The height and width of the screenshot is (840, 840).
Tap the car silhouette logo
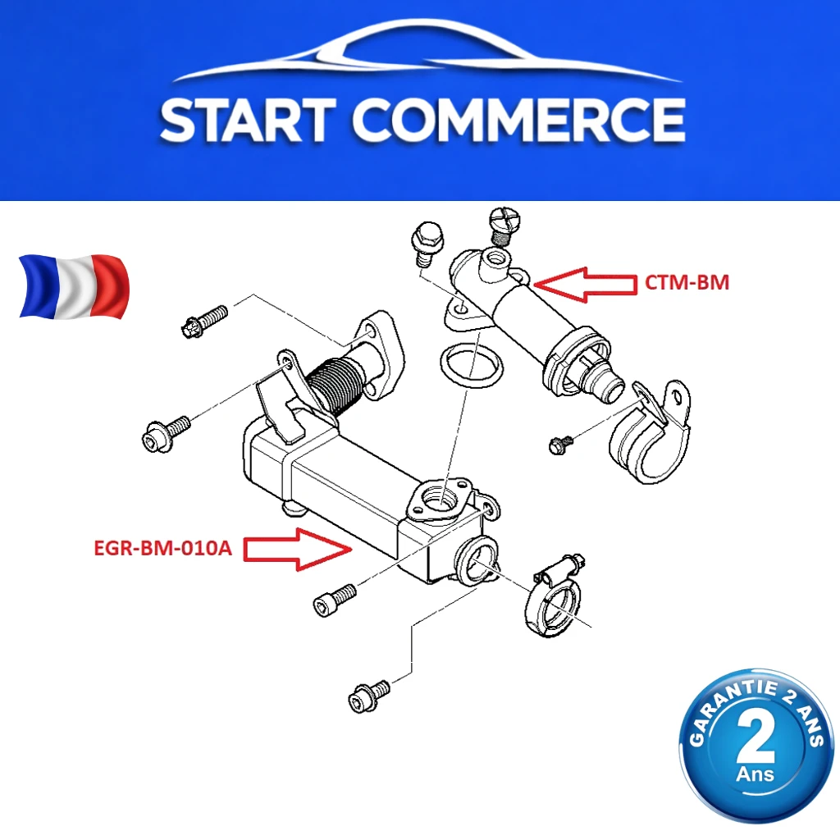pos(427,51)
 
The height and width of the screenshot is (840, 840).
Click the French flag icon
pos(74,286)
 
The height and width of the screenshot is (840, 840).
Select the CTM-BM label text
pos(687,282)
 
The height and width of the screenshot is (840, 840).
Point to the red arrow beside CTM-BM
pos(585,285)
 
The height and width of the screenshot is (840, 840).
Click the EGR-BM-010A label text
pos(163,548)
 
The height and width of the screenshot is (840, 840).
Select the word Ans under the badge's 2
pos(756,774)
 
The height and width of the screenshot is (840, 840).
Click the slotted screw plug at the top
pos(503,225)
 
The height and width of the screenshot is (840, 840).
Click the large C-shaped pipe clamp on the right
pos(650,431)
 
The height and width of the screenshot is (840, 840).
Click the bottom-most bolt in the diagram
pos(368,696)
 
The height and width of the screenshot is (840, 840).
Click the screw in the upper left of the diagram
pos(204,321)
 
